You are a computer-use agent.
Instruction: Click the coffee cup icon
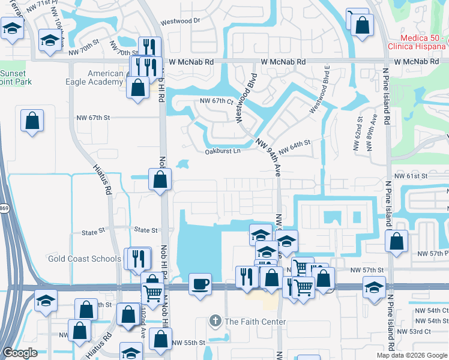click(x=200, y=283)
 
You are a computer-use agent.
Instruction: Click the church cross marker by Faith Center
click(x=215, y=321)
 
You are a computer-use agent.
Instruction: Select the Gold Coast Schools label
click(x=85, y=259)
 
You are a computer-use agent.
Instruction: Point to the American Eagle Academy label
click(x=106, y=78)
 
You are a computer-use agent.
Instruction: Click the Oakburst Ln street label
click(x=222, y=151)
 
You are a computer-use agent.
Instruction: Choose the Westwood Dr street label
click(x=179, y=20)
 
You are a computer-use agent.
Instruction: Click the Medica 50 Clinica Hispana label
click(x=414, y=43)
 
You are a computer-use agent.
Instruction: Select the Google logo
click(x=20, y=353)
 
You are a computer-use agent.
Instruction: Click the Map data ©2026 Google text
click(x=411, y=355)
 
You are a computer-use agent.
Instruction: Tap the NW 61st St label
click(x=411, y=176)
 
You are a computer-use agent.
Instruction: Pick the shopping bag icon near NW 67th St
click(x=32, y=121)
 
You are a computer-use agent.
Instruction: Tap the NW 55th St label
click(x=188, y=343)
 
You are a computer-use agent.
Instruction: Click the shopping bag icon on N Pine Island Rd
click(x=396, y=241)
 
